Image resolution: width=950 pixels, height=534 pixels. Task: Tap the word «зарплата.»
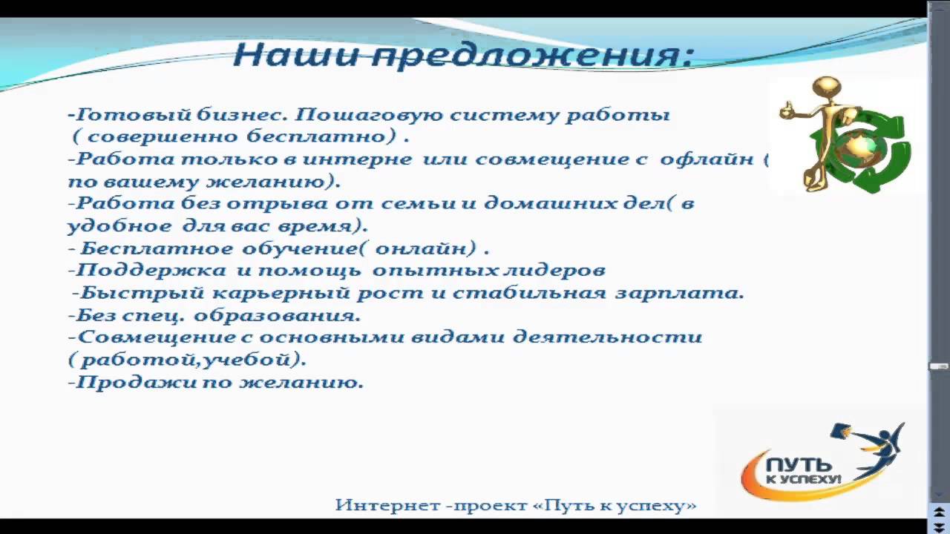tap(679, 293)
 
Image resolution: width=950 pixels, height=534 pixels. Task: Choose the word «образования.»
tap(278, 315)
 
